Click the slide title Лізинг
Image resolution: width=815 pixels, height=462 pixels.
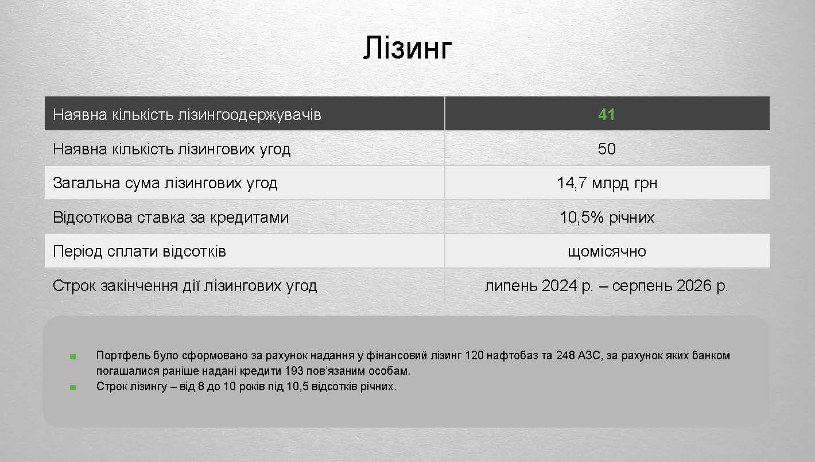pos(407,48)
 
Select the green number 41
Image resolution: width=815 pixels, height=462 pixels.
pos(607,115)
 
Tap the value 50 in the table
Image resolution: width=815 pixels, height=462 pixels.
pos(607,149)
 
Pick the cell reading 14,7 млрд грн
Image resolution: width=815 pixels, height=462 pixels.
pos(607,183)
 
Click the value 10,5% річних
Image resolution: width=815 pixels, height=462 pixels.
pos(607,218)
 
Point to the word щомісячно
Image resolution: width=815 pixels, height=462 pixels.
pos(607,251)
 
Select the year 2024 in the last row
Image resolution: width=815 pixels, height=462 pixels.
pos(560,286)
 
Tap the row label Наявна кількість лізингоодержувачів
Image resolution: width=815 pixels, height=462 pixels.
pos(187,115)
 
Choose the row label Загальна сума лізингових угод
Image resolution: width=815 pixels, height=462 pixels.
pos(165,183)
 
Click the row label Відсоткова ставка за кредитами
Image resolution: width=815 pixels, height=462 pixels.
pos(170,218)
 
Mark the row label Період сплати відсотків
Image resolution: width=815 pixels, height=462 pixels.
pos(139,251)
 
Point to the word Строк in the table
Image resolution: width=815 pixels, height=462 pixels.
pos(73,286)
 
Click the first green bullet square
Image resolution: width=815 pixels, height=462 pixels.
pos(73,356)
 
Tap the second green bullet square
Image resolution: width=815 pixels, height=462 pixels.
pos(73,387)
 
